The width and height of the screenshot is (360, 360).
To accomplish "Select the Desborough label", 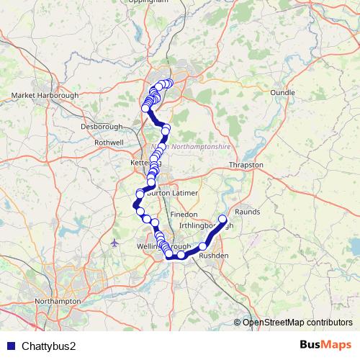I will [99, 127].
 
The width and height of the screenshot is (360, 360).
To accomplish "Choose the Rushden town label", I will [213, 256].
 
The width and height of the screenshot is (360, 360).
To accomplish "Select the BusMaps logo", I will [326, 345].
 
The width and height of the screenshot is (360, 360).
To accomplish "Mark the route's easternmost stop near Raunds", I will [222, 219].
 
